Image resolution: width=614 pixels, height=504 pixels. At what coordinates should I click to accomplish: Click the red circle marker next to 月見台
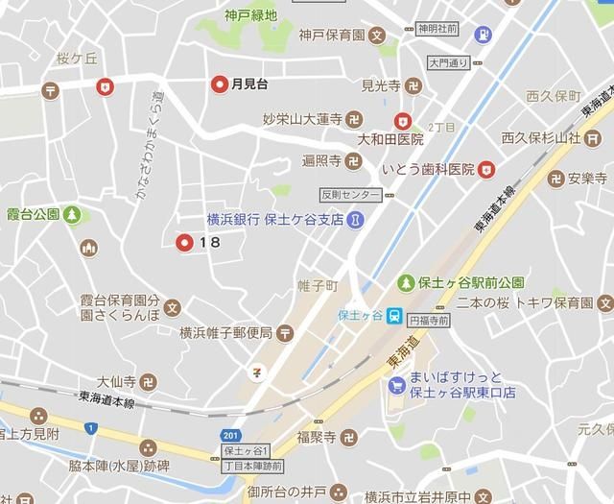click(x=220, y=84)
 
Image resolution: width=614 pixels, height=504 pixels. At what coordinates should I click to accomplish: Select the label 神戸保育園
click(x=331, y=38)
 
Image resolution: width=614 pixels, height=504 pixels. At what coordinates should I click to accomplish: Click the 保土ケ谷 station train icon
click(x=393, y=316)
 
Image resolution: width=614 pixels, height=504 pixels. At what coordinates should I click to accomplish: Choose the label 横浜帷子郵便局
click(x=225, y=332)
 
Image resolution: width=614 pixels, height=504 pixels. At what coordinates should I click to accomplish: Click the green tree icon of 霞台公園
click(x=73, y=214)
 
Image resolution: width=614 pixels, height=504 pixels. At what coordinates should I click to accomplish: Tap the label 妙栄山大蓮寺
click(x=302, y=120)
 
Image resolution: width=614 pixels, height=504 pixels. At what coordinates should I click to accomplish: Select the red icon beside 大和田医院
click(x=404, y=121)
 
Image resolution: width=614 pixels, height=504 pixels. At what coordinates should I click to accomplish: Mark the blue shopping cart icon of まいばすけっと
click(x=395, y=385)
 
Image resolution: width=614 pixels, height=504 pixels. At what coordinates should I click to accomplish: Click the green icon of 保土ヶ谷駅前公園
click(x=407, y=283)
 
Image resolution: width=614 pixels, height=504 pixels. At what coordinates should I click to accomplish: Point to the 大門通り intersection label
click(x=447, y=63)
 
